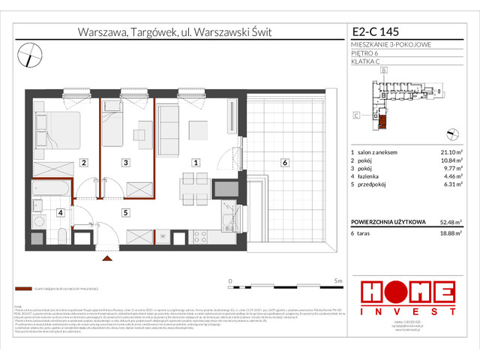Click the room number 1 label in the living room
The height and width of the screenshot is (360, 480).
(196, 162)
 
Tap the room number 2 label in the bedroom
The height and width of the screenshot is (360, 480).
(84, 162)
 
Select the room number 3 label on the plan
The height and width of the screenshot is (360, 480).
(127, 162)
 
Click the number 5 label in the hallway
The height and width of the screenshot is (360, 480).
(127, 212)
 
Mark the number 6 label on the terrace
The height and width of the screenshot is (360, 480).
(285, 162)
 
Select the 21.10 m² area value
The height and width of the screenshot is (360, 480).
(451, 153)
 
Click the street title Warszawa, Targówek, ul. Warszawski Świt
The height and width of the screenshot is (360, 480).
(175, 32)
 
